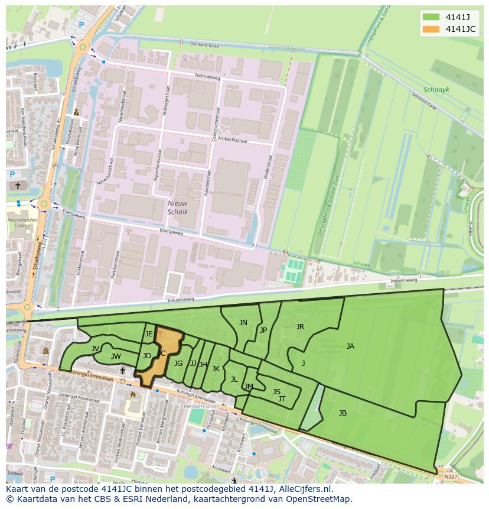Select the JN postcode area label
click(x=243, y=323)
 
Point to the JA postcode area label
click(x=350, y=346)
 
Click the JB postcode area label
click(x=343, y=413)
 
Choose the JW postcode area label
click(x=116, y=356)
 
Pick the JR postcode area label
click(x=300, y=327)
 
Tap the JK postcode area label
click(x=216, y=369)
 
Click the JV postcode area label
click(x=95, y=349)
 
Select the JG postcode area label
click(x=178, y=364)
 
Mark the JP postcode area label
click(x=263, y=330)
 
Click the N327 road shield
click(x=451, y=476)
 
